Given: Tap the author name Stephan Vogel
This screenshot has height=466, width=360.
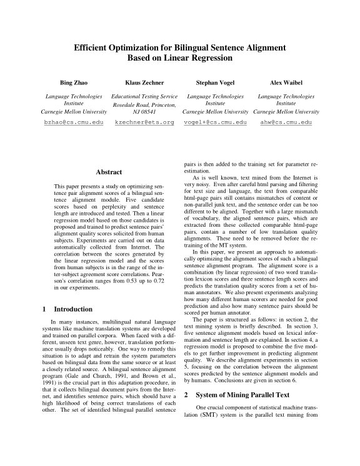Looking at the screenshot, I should point(214,82).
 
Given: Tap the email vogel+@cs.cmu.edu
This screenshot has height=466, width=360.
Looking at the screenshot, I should point(214,122).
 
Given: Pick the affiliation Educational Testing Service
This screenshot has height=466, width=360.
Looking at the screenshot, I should point(144,97).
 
